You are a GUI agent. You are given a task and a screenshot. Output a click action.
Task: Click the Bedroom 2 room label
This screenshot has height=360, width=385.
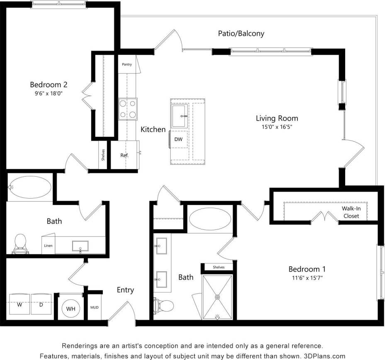[49, 85]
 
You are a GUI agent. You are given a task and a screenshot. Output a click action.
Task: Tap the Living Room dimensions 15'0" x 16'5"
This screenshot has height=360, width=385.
[277, 127]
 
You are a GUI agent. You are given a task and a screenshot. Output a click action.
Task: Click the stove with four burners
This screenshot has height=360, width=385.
[127, 109]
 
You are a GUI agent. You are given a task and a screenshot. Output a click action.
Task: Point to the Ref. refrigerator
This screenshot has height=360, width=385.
[124, 156]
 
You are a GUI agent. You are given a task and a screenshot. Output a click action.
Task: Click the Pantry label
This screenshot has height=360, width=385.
[127, 64]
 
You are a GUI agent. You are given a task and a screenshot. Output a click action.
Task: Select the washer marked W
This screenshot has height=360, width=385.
[19, 305]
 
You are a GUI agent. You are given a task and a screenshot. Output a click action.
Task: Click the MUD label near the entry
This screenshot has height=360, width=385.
[95, 308]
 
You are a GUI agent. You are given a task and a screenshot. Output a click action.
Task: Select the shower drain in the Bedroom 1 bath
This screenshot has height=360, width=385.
[217, 297]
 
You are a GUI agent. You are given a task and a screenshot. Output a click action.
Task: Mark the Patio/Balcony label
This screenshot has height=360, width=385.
[241, 34]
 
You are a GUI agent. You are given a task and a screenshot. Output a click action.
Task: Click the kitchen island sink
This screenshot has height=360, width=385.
[179, 116]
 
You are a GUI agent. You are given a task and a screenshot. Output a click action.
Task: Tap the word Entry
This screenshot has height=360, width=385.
[125, 290]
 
